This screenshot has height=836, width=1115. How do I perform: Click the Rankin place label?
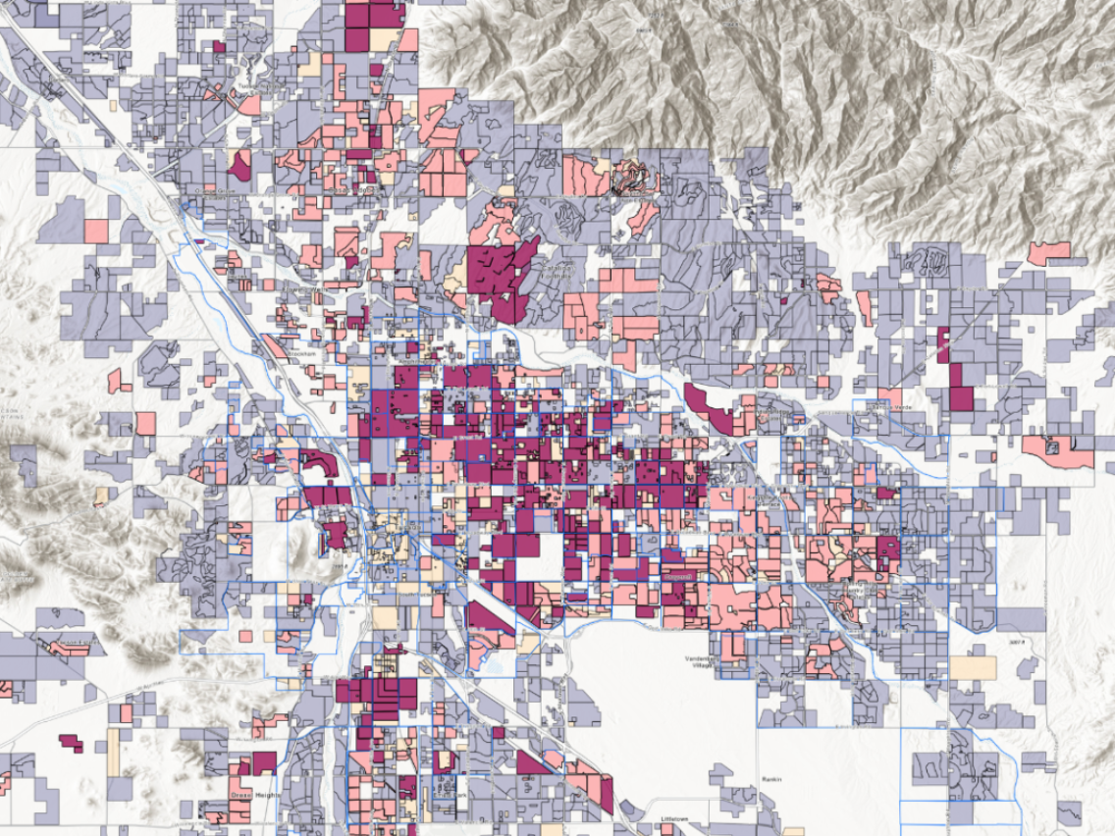(770, 780)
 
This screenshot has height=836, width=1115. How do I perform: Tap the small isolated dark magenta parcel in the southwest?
(71, 742)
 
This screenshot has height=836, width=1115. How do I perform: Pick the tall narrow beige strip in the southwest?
(113, 752)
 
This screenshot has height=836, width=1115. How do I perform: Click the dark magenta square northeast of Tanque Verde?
(960, 397)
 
